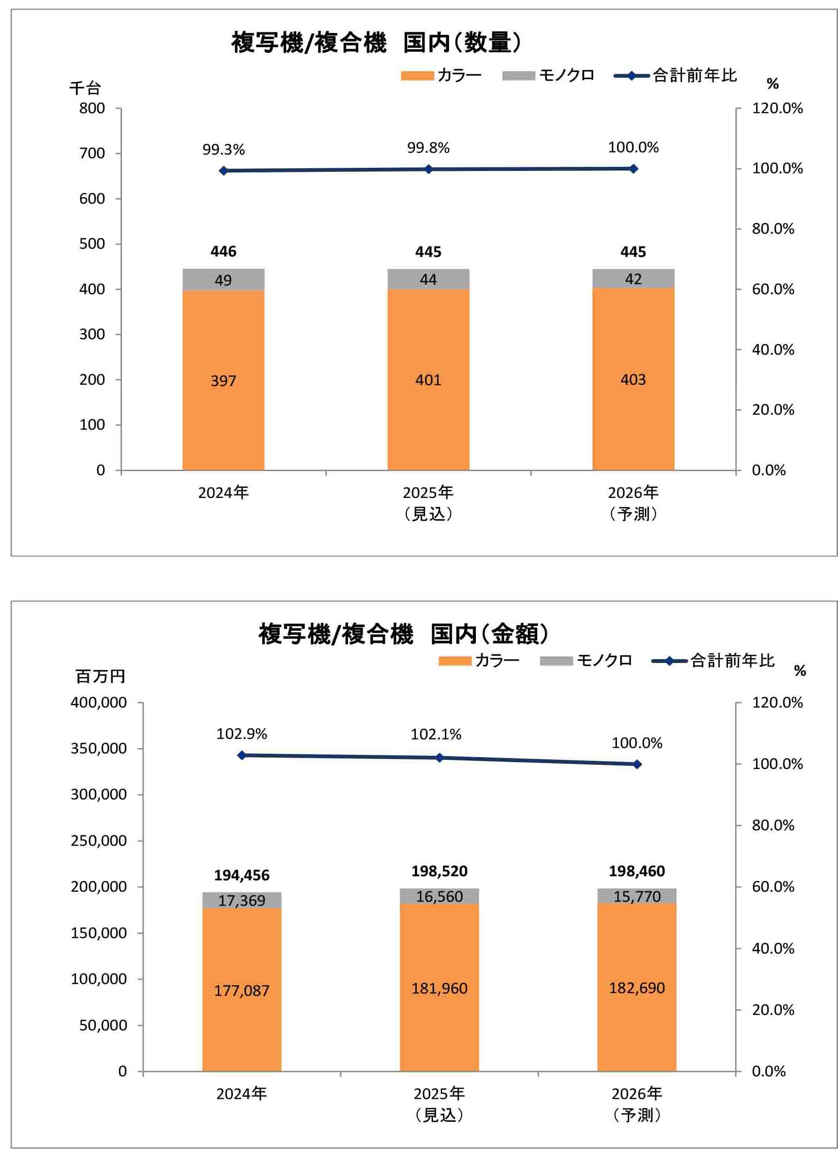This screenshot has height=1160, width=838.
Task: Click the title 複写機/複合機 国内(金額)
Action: coord(403,634)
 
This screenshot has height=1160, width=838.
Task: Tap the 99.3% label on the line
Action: coord(223,150)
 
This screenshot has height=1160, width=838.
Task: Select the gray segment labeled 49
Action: coord(223,280)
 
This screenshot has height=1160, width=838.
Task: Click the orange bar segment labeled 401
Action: coord(428,380)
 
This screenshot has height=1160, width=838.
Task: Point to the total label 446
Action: coord(223,251)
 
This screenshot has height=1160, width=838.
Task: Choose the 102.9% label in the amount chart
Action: coord(242,734)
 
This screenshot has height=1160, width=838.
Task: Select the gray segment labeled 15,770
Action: coord(637,896)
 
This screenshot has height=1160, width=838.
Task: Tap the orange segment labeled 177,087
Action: coord(242,990)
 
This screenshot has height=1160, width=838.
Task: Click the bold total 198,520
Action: coord(439,871)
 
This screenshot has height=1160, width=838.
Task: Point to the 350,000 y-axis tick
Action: coord(99,748)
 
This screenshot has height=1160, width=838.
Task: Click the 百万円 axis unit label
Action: coord(100,676)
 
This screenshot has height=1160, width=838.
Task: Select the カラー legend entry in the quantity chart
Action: coord(441,75)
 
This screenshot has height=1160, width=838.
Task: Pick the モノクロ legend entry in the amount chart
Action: coord(586,661)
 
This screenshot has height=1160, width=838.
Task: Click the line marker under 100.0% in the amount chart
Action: coord(637,764)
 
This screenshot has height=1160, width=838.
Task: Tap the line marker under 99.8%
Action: coord(429,169)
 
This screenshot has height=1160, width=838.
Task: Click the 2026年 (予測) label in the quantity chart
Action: coord(633,503)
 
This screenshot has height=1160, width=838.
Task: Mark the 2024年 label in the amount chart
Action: coord(242,1094)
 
